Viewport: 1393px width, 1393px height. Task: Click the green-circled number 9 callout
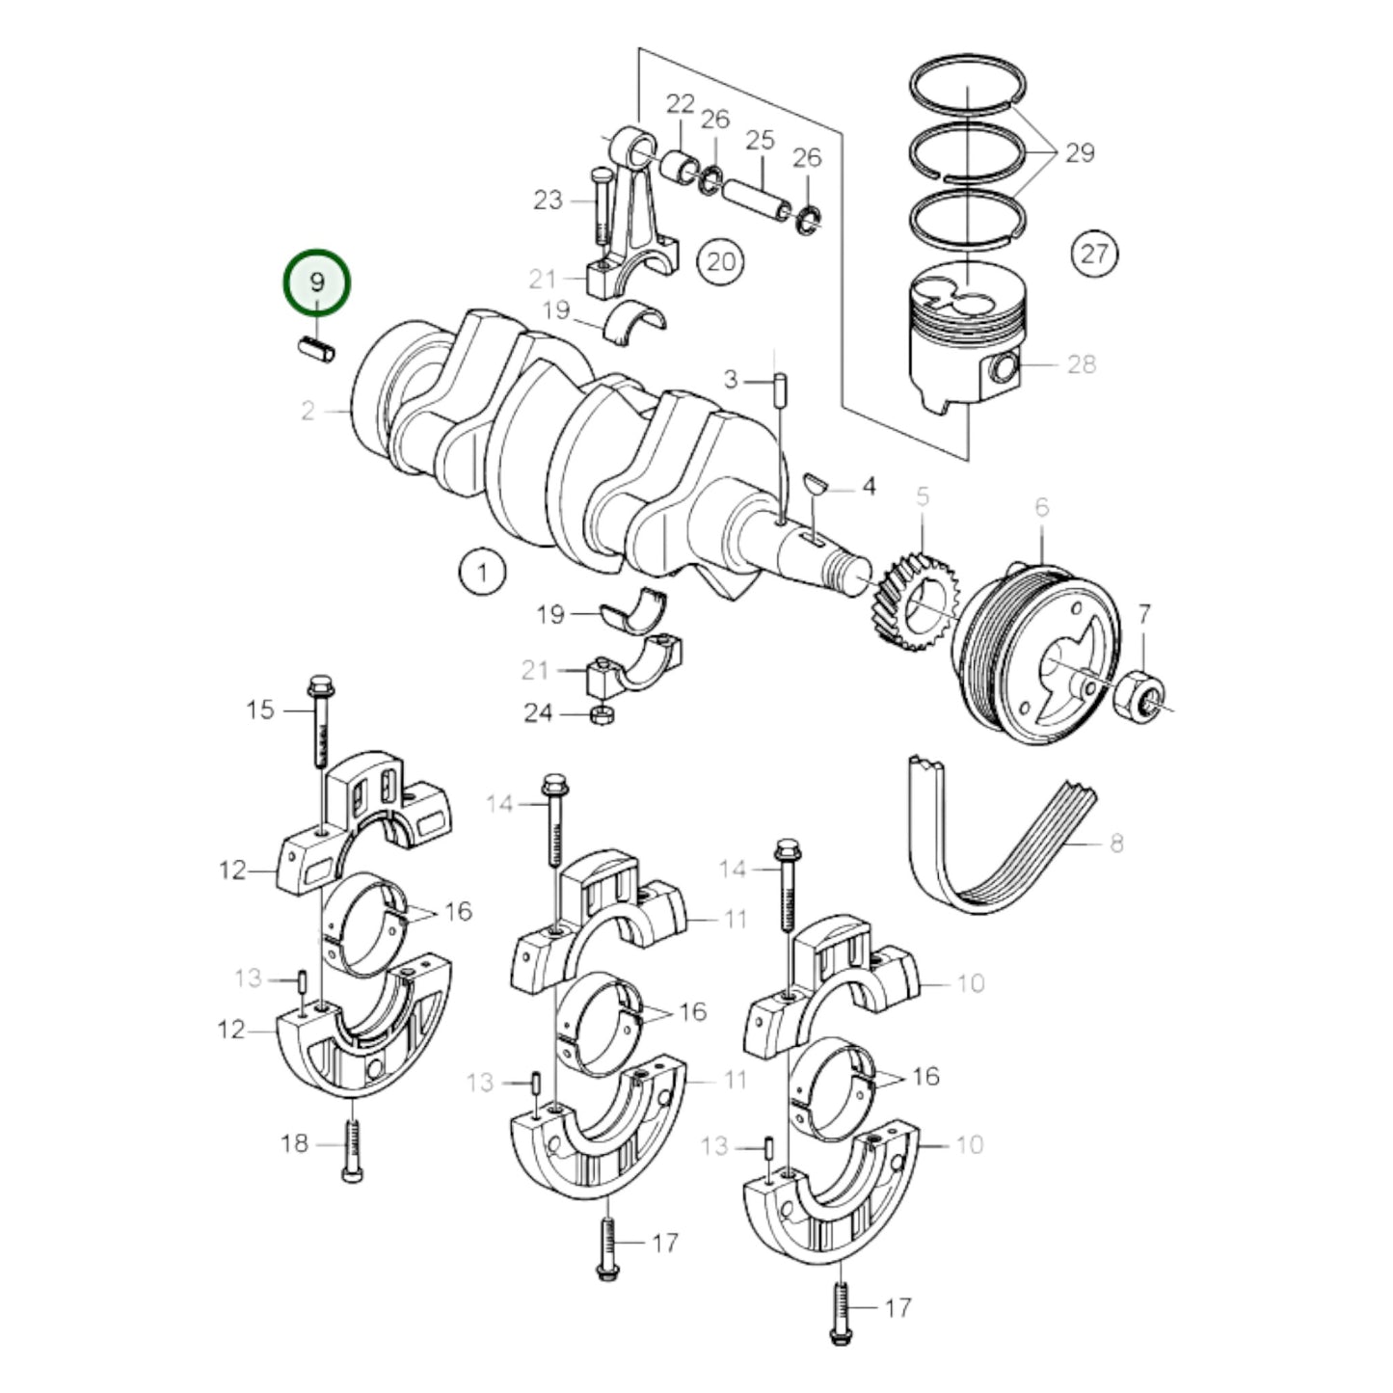pos(316,281)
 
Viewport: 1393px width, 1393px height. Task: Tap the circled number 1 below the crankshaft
pos(482,573)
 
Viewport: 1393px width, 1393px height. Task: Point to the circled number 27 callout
pos(1094,254)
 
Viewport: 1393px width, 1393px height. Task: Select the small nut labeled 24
pos(600,714)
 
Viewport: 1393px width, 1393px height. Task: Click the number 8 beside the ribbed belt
pos(1116,844)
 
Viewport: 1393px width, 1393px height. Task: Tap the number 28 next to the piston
pos(1082,363)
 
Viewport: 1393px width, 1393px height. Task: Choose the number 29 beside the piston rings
pos(1079,152)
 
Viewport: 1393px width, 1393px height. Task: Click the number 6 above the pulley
pos(1041,507)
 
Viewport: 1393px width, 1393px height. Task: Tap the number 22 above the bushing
pos(680,104)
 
